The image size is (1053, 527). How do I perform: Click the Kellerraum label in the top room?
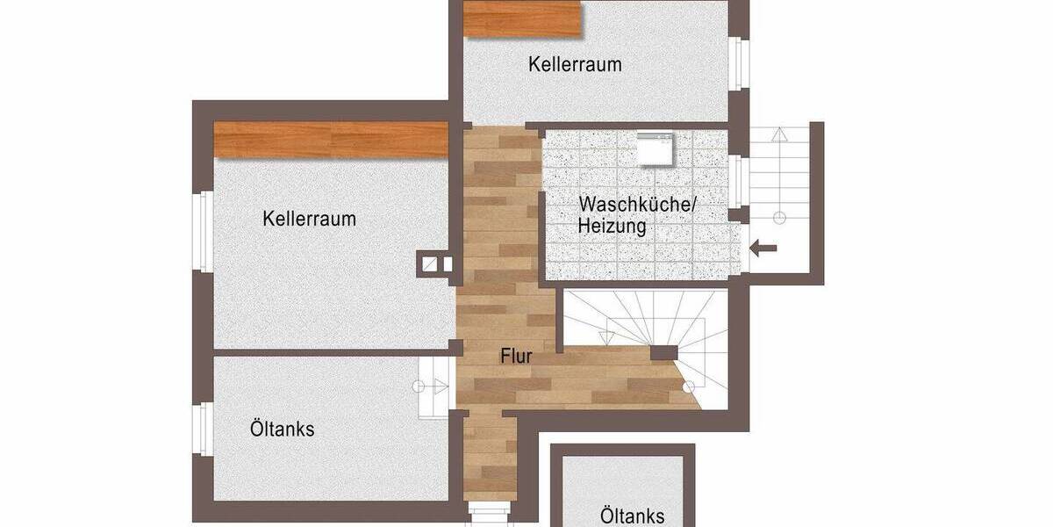click(575, 64)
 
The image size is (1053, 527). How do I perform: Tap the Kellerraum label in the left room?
click(309, 219)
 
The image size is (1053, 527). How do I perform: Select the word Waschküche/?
click(636, 205)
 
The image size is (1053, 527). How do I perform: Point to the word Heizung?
click(612, 227)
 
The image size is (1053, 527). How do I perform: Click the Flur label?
click(517, 357)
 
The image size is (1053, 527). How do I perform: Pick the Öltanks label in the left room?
click(282, 430)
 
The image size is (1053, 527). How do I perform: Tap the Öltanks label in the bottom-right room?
click(632, 516)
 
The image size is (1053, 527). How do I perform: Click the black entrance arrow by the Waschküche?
click(764, 249)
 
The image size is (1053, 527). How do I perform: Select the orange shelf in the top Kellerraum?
click(523, 18)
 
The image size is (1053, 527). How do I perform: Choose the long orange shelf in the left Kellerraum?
click(331, 141)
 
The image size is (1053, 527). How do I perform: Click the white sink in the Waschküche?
click(654, 149)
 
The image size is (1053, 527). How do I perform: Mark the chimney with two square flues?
click(436, 263)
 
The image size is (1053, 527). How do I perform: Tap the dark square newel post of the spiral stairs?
click(664, 353)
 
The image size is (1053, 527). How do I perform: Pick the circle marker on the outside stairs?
click(778, 217)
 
